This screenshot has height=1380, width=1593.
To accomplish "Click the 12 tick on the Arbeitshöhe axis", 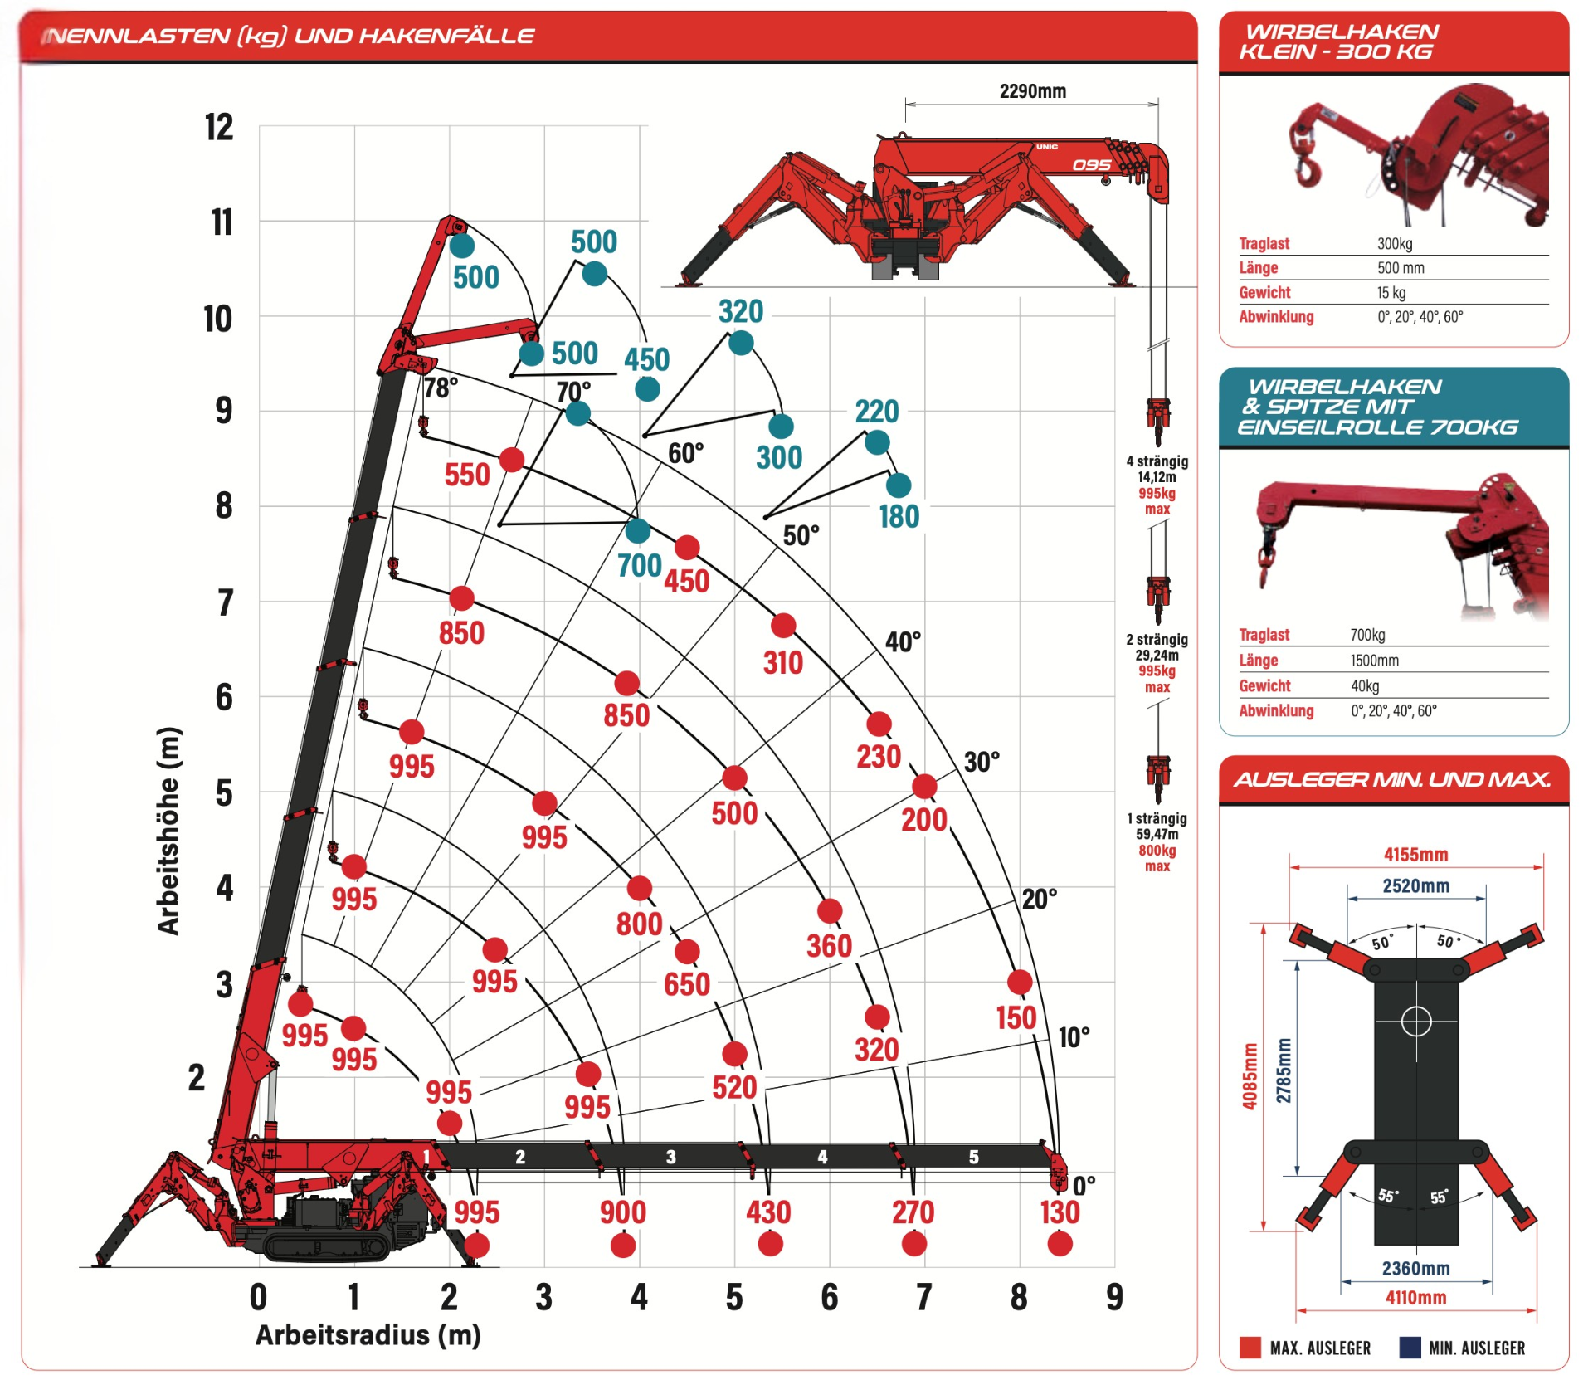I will point(219,128).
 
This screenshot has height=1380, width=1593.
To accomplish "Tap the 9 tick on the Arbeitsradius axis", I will point(1114,1297).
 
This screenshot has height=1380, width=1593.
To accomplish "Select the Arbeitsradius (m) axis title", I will point(368,1335).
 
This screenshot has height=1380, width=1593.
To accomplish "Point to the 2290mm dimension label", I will point(1032,91).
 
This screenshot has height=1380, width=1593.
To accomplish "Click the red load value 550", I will point(467,475).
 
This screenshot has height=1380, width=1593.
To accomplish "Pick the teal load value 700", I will point(639,566).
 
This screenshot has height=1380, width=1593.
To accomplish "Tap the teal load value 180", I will point(899,517).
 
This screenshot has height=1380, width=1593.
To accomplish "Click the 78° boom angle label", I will point(440,388).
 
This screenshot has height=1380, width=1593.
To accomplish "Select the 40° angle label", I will point(903,641).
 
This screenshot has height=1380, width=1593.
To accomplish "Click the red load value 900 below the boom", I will point(622,1212).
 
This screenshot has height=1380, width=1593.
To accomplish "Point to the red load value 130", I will point(1060,1212).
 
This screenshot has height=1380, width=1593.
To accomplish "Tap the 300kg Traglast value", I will point(1395,244).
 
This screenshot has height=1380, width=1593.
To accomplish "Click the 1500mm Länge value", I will point(1374,661).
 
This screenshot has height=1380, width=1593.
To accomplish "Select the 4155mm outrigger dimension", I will point(1415,855).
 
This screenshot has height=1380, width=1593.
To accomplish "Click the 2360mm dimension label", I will point(1415,1268).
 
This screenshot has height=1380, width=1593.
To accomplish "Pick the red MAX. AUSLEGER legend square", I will point(1250,1348).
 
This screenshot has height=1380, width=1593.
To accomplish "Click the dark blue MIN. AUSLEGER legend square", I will point(1410,1348).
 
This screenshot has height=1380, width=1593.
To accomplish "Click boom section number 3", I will point(670,1157).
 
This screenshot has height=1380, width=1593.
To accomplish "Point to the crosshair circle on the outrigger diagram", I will point(1415,1021).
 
